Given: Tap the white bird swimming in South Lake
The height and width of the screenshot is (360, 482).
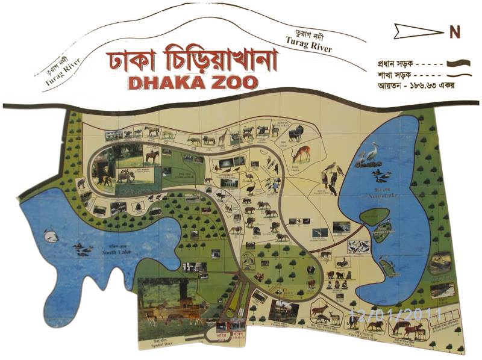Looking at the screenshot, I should point(51,237).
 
